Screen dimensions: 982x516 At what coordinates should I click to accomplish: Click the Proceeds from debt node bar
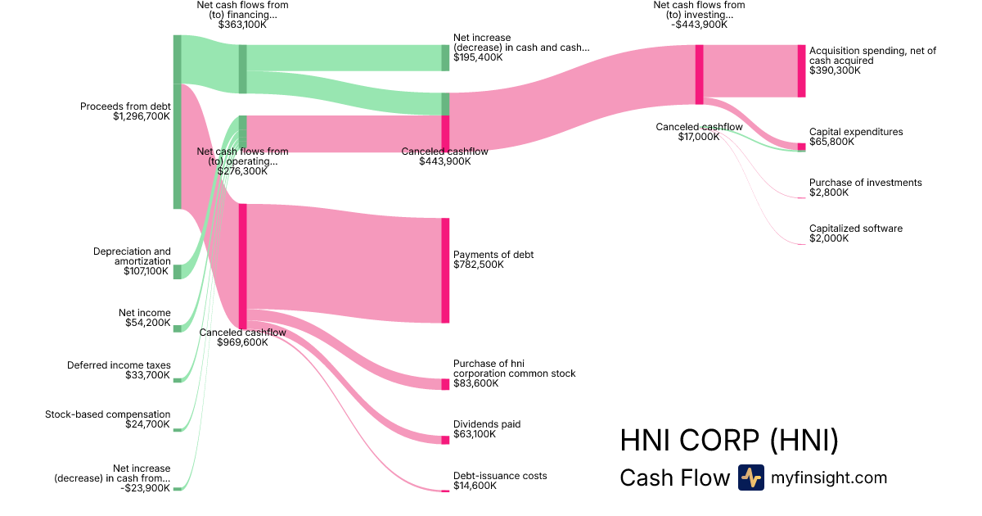177,122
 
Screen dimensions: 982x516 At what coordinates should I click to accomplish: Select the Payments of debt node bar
445,270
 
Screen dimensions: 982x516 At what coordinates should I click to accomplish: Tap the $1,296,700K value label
142,117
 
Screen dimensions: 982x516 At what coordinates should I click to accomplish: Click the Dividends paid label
487,424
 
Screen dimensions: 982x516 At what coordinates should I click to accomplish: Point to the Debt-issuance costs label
500,476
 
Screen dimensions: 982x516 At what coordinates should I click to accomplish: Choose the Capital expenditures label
856,132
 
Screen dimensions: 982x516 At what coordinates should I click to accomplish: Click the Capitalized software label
856,229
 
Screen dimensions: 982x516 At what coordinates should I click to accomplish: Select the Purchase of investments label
865,183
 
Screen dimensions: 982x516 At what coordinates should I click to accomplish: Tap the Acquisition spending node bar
801,71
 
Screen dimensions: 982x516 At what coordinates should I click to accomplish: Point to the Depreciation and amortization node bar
177,272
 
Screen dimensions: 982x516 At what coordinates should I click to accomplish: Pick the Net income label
145,313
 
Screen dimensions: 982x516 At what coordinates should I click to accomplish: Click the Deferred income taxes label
119,365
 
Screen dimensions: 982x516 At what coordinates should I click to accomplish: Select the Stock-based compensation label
108,414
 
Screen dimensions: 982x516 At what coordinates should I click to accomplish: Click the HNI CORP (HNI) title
729,441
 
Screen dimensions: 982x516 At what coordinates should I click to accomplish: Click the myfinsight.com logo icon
750,478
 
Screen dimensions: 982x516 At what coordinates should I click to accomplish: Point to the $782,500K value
479,265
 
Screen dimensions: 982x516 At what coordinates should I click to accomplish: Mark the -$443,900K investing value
699,25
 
